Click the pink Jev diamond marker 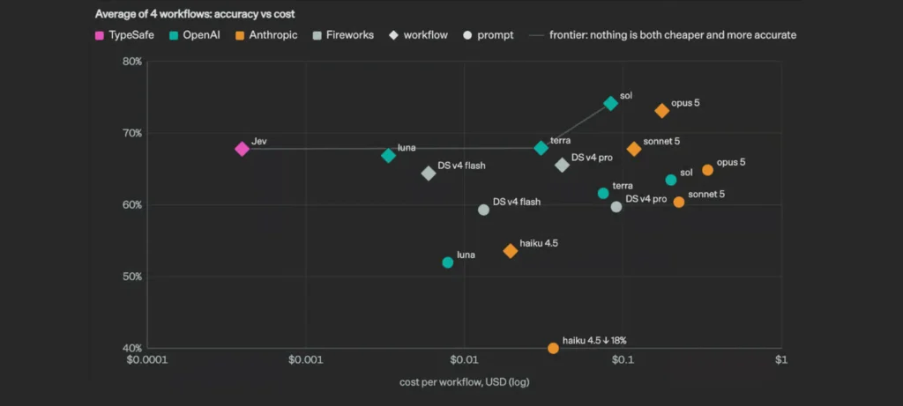[242, 149]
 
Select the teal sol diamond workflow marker [610, 104]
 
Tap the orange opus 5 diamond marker [661, 111]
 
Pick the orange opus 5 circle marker [707, 170]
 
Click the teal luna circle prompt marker [447, 262]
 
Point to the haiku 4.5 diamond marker [511, 251]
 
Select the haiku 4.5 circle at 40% [553, 348]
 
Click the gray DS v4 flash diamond [428, 173]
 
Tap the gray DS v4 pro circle [616, 207]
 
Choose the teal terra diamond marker [541, 148]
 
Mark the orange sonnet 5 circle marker [679, 202]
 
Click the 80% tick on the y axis [132, 62]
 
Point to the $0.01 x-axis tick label [464, 360]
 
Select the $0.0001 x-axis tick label [147, 360]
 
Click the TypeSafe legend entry [124, 35]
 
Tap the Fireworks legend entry [343, 35]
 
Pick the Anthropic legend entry [266, 35]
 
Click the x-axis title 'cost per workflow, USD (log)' [464, 382]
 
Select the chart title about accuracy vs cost [195, 14]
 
